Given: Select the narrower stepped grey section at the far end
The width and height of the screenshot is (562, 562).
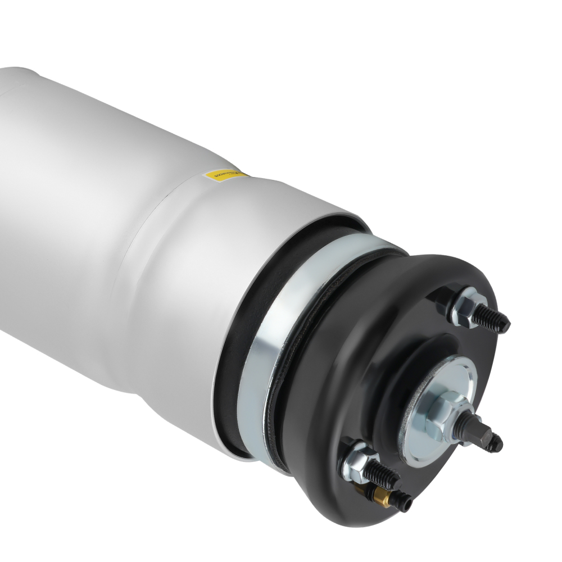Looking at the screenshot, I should (x=17, y=79).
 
